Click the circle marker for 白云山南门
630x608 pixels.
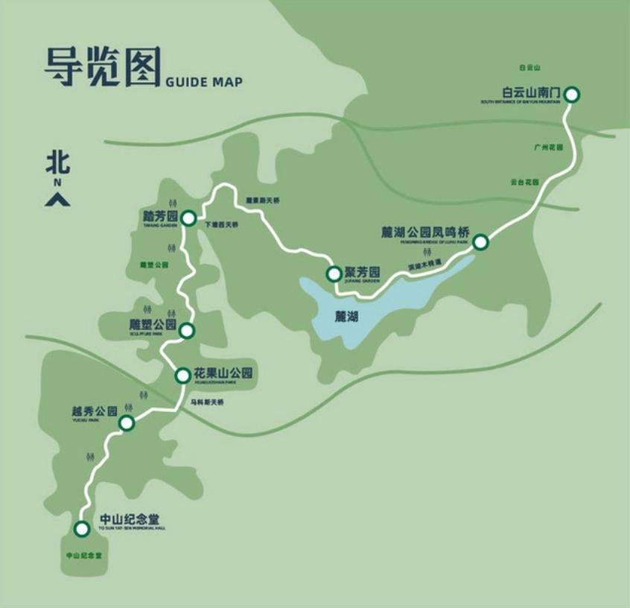pyautogui.click(x=571, y=95)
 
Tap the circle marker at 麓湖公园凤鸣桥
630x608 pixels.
pyautogui.click(x=480, y=241)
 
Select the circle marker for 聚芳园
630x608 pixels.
pyautogui.click(x=334, y=273)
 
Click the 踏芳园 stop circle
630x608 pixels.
pyautogui.click(x=188, y=218)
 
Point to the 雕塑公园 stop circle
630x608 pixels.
pyautogui.click(x=187, y=330)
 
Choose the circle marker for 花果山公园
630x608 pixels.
pyautogui.click(x=182, y=376)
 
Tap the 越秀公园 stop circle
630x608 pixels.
pyautogui.click(x=127, y=423)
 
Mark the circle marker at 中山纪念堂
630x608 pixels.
pyautogui.click(x=82, y=528)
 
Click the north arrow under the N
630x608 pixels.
pyautogui.click(x=57, y=199)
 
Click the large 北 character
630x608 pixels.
pyautogui.click(x=57, y=162)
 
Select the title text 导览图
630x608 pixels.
pyautogui.click(x=102, y=69)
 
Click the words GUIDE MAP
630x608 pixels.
pyautogui.click(x=203, y=81)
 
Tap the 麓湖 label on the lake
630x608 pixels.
pyautogui.click(x=346, y=317)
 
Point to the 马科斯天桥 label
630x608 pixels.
pyautogui.click(x=206, y=402)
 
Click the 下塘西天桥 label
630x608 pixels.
pyautogui.click(x=222, y=224)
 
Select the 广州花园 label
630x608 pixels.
pyautogui.click(x=547, y=148)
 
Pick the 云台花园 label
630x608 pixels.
pyautogui.click(x=524, y=182)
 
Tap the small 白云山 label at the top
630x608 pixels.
pyautogui.click(x=529, y=68)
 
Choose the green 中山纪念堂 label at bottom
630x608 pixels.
pyautogui.click(x=83, y=555)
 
